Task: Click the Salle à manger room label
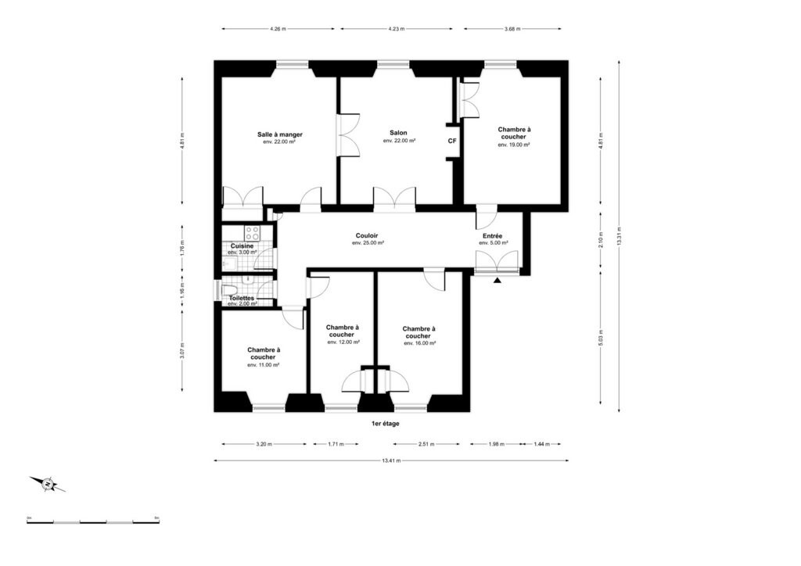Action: coord(279,134)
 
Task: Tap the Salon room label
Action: coord(398,132)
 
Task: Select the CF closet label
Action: coord(452,141)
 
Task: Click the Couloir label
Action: coord(368,235)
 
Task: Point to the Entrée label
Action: coord(492,235)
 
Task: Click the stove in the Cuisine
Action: coord(253,232)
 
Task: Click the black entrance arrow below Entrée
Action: coord(497,280)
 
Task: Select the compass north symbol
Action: coord(48,485)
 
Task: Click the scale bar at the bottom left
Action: coord(93,521)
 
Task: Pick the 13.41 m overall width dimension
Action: coord(391,460)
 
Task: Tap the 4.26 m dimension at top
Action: coord(277,29)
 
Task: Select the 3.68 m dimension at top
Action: coord(512,29)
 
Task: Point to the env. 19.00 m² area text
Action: coord(514,145)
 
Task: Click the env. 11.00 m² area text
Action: coord(264,365)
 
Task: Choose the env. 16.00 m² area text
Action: coord(418,343)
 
